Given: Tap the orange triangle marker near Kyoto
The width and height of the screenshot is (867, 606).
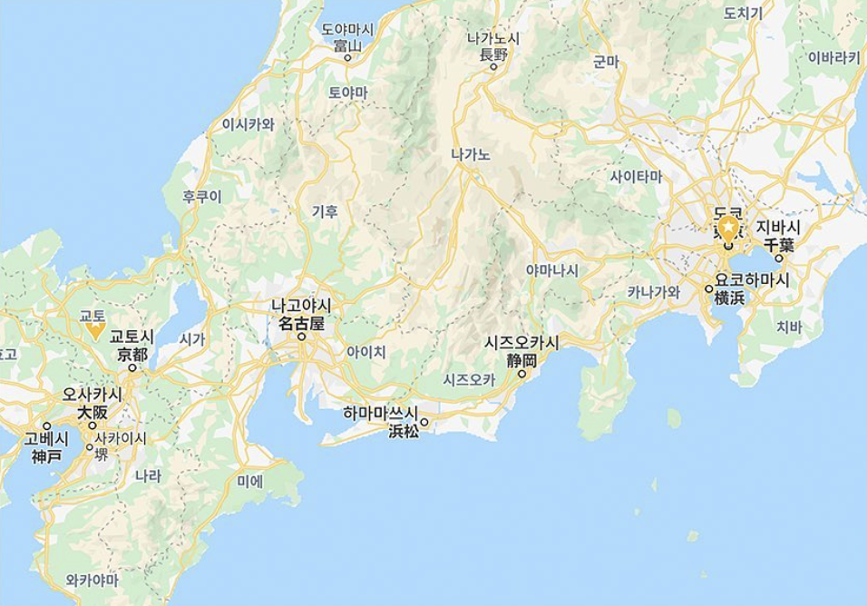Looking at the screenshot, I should pyautogui.click(x=94, y=331).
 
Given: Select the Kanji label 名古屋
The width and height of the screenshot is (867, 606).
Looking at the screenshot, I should pyautogui.click(x=300, y=323).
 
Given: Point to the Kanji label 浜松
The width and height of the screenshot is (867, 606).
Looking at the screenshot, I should pyautogui.click(x=404, y=432).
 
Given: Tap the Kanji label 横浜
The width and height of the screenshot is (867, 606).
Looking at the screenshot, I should pyautogui.click(x=729, y=298).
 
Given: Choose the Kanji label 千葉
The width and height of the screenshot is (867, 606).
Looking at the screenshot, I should pyautogui.click(x=778, y=244).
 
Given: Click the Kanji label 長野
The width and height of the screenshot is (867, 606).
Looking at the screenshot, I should pyautogui.click(x=493, y=54).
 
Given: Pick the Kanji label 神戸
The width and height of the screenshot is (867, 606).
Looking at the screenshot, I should pyautogui.click(x=46, y=456).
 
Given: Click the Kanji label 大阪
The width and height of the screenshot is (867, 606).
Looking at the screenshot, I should pyautogui.click(x=92, y=411).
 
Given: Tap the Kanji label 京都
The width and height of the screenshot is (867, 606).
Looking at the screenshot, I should pyautogui.click(x=132, y=354).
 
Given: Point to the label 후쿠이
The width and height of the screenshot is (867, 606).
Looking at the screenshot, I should pyautogui.click(x=201, y=196).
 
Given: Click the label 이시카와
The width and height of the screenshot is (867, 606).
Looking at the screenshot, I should pyautogui.click(x=248, y=124).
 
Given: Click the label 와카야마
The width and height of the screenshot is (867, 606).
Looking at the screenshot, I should pyautogui.click(x=93, y=579).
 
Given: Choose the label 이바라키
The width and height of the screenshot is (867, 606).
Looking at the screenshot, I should pyautogui.click(x=833, y=57).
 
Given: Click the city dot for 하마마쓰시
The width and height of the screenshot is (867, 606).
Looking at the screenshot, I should pyautogui.click(x=424, y=422).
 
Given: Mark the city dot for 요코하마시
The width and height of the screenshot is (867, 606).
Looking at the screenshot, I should pyautogui.click(x=708, y=288).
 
